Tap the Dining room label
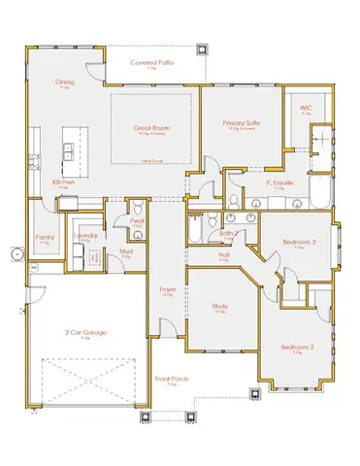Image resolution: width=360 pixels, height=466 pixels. click(x=65, y=83)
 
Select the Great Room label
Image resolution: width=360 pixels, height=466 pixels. click(x=152, y=128)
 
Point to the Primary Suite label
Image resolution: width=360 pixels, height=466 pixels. click(x=240, y=124)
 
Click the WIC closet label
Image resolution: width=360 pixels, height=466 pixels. click(x=306, y=108)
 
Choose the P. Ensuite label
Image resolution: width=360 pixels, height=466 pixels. click(x=280, y=181)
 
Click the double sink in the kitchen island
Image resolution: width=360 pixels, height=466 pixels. click(x=68, y=150)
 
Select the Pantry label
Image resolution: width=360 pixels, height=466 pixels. click(x=44, y=237)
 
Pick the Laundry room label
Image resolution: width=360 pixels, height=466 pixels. click(x=83, y=236)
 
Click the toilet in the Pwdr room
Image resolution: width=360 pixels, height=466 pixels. click(x=138, y=210)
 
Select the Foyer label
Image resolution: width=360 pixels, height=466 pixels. click(x=167, y=288)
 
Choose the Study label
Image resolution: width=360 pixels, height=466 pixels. click(x=220, y=308)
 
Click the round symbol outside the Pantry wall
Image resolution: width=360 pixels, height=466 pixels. click(x=15, y=254)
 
